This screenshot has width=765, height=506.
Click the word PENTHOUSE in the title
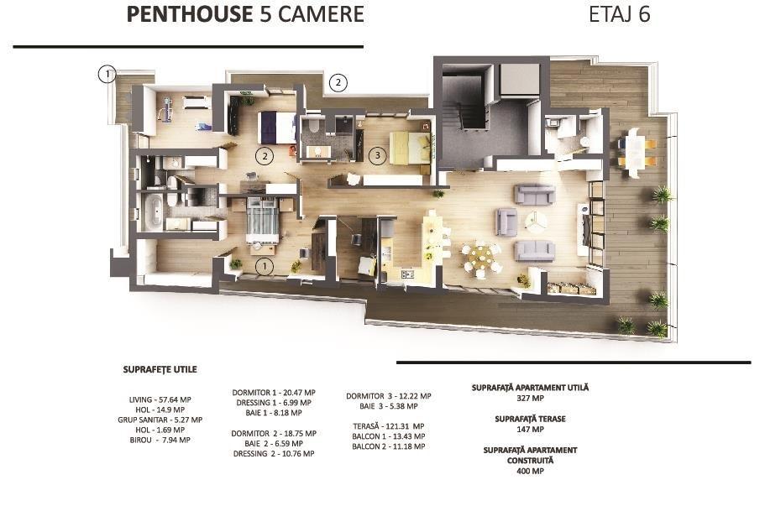[x=190, y=14]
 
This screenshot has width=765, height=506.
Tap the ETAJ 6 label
[x=619, y=14]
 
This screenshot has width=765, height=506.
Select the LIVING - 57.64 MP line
[x=160, y=399]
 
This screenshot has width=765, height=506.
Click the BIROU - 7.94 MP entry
[x=160, y=441]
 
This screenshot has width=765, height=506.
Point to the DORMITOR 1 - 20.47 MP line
[x=273, y=393]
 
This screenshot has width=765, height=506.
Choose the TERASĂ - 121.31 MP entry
[x=388, y=426]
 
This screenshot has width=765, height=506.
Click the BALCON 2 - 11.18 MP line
[x=388, y=446]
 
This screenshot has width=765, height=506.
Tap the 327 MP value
[x=530, y=399]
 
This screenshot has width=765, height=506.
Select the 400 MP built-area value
[x=530, y=472]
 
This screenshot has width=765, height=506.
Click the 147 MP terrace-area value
[x=530, y=430]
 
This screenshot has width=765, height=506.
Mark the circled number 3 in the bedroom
[x=377, y=156]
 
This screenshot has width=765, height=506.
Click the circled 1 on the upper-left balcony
[x=107, y=75]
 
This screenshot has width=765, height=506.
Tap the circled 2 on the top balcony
[x=338, y=82]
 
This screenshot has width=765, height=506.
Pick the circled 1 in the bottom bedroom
[x=265, y=266]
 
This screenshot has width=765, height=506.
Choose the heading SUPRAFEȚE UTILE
[x=160, y=369]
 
